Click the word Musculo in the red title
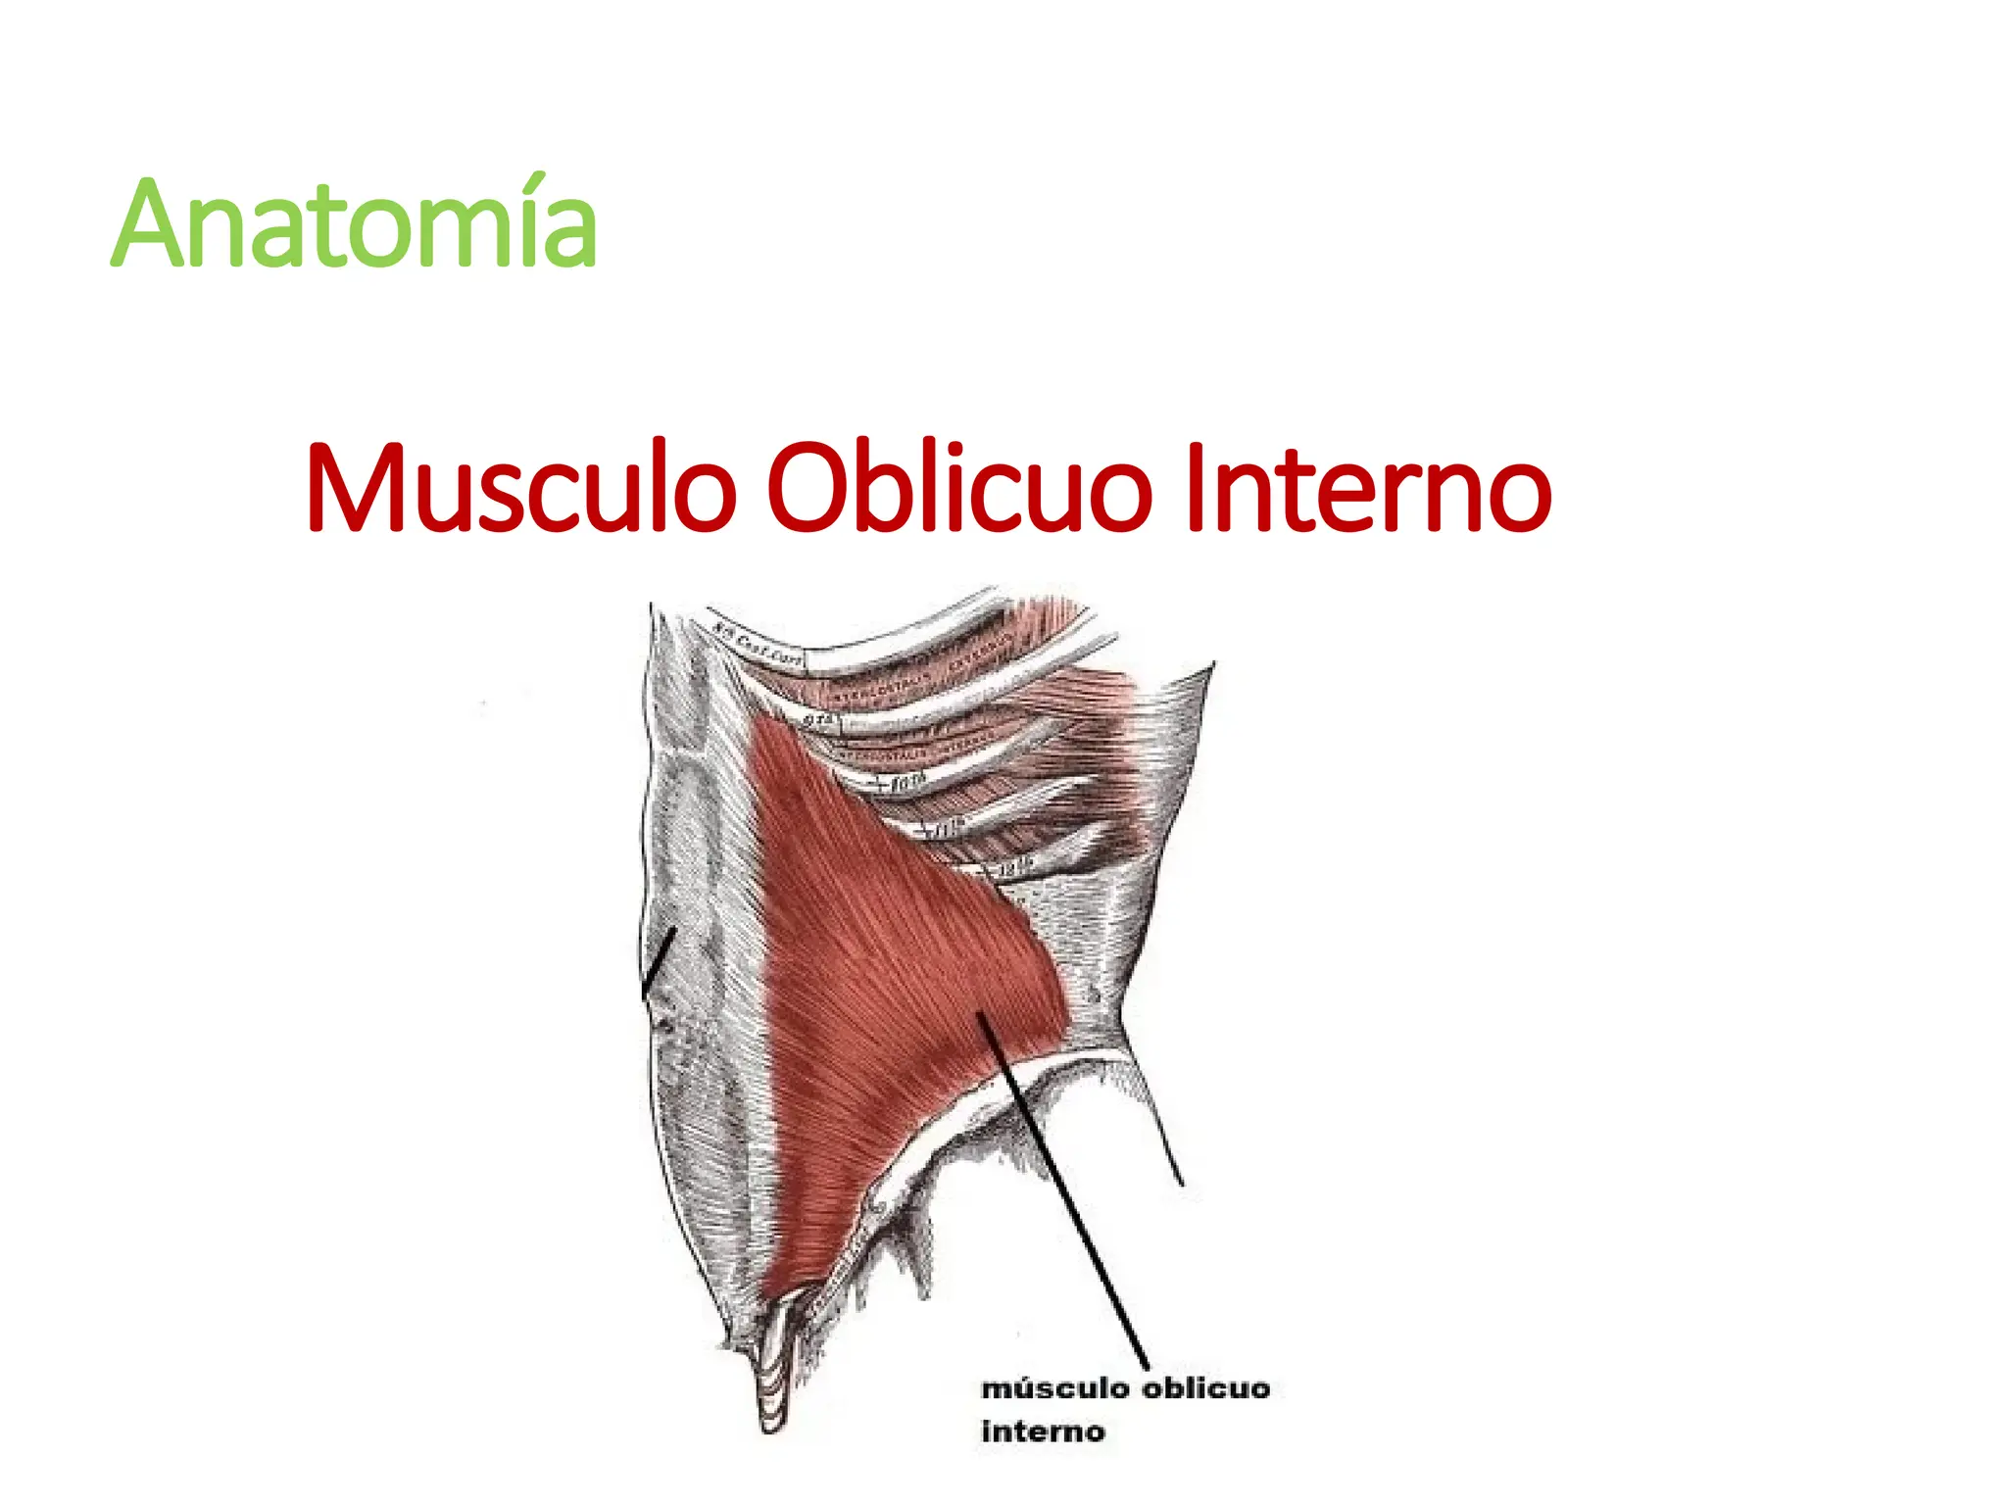coord(520,487)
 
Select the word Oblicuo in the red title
coord(959,487)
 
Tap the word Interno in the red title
coord(1367,487)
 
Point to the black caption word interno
coord(1043,1432)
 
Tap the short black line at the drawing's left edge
coord(659,964)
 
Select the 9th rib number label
coord(820,721)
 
